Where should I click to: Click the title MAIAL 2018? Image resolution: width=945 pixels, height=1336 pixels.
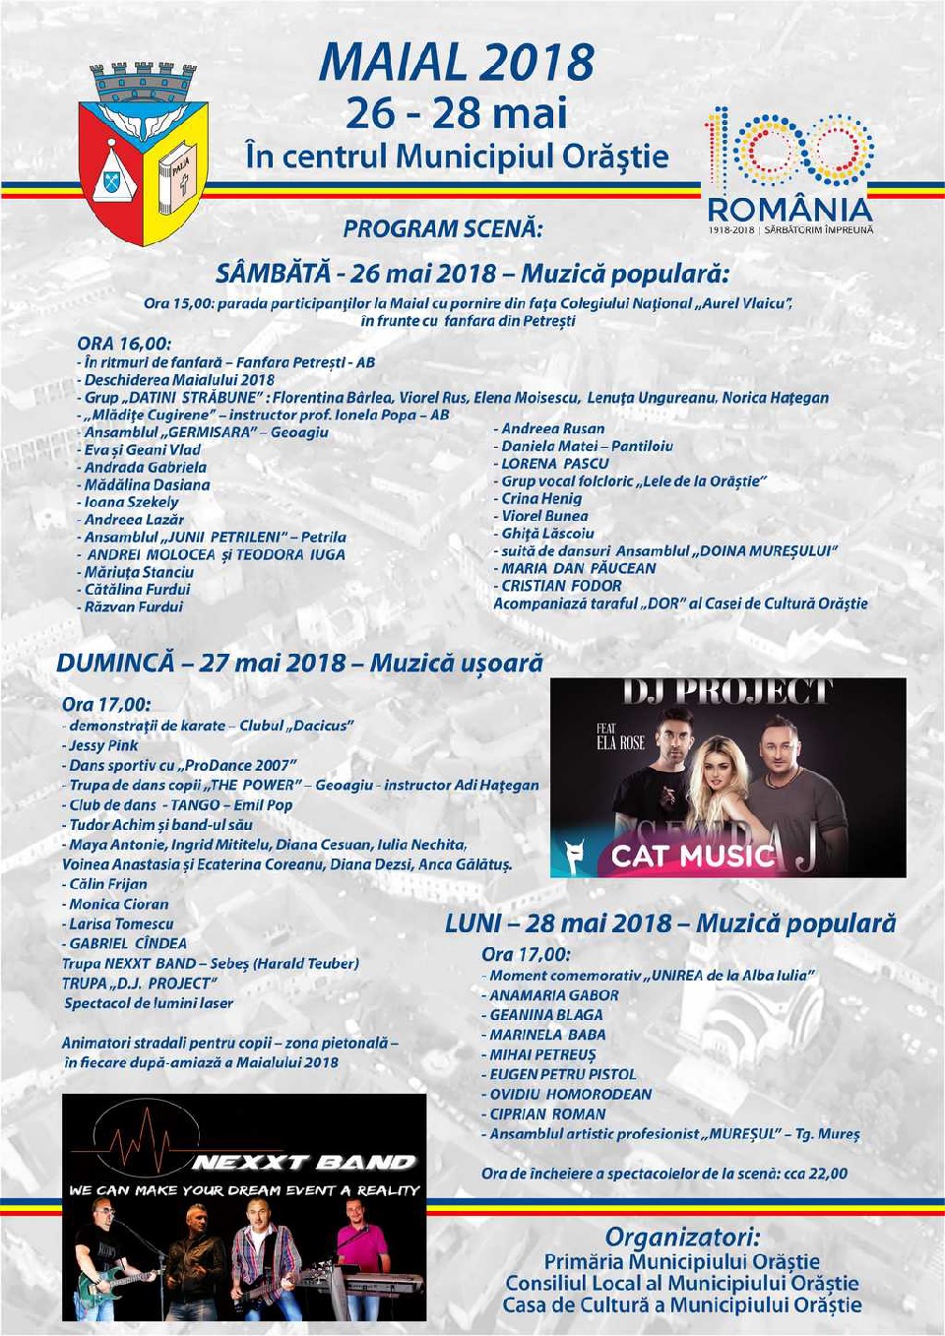point(456,63)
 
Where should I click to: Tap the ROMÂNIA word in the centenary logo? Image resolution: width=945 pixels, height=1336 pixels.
point(789,210)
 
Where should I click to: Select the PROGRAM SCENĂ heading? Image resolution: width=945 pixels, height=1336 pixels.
point(443,229)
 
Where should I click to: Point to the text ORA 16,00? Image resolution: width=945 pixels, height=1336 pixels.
point(124,344)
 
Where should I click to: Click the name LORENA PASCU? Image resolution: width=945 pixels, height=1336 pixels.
point(555,464)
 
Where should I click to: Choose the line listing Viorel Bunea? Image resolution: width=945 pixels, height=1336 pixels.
point(544,516)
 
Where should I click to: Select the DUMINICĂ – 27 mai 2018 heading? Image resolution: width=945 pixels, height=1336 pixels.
point(299,664)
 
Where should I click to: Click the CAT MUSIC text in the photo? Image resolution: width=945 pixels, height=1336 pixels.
point(692,856)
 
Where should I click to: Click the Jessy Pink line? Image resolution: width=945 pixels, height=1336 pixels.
point(103,746)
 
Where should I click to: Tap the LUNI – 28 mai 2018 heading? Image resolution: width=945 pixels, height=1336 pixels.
point(670,924)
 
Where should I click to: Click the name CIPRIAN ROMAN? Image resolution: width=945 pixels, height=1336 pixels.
point(548,1113)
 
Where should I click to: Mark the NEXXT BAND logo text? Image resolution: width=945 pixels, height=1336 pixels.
point(304,1163)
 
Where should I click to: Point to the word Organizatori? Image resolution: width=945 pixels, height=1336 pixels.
point(682,1237)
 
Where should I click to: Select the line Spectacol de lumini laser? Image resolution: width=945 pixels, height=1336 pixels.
point(149,1003)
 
